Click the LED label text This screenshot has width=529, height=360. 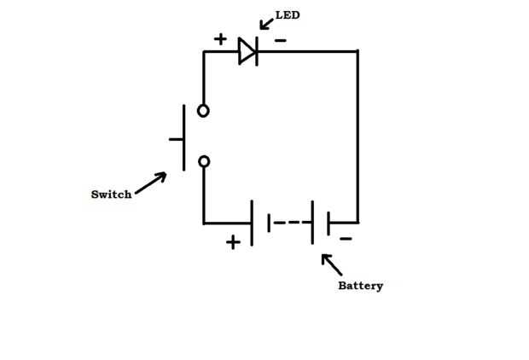point(288,15)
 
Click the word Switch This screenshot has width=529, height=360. point(111,195)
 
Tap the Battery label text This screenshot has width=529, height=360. point(360,286)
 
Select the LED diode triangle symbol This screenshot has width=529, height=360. point(247,51)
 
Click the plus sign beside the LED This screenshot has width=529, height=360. point(220,39)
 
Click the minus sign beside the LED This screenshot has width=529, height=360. point(281,40)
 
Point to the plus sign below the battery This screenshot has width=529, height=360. point(233,242)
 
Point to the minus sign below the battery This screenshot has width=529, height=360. point(346,239)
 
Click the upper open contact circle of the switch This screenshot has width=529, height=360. point(203,110)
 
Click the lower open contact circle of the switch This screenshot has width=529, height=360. point(203,161)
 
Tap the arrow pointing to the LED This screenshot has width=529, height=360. point(265,23)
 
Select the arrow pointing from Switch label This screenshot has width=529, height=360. point(151,183)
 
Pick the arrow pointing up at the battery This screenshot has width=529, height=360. point(331,264)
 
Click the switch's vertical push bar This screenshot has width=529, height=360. point(183,137)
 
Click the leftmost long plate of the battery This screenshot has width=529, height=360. point(252,223)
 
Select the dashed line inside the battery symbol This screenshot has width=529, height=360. point(290,223)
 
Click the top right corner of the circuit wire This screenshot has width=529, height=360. point(357,51)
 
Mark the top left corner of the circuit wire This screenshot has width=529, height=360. point(204,52)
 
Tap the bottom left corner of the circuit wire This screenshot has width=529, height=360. point(204,223)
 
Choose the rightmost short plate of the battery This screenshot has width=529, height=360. point(328,223)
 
